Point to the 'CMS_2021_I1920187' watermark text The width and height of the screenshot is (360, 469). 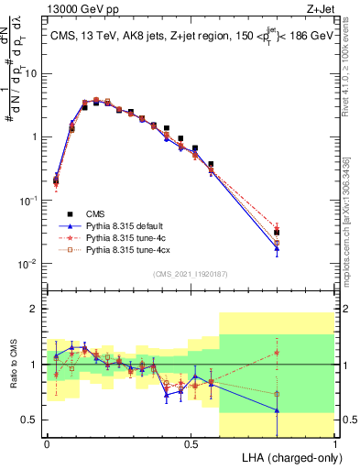[x=191, y=274]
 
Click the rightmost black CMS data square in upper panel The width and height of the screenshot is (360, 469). [x=277, y=233]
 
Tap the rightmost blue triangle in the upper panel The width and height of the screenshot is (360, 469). [x=277, y=248]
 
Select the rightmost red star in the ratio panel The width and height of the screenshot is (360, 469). [x=277, y=352]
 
